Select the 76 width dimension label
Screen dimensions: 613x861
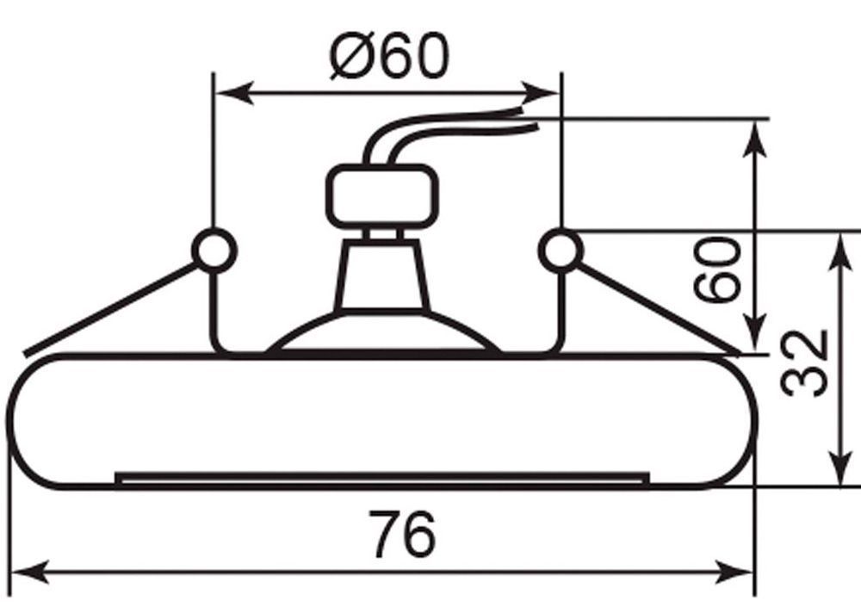(402, 534)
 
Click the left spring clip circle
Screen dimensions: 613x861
(213, 251)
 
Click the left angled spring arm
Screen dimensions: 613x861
(112, 310)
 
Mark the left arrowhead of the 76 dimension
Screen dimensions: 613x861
(31, 570)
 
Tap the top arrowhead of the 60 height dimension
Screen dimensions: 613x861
(756, 133)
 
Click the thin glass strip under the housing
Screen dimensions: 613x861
(381, 476)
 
